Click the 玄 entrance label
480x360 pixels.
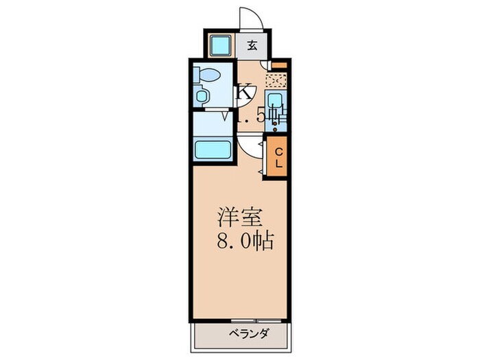tap(252, 47)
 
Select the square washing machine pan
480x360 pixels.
tap(221, 47)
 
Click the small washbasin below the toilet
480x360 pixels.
tap(201, 96)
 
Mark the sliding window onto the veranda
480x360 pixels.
tap(250, 320)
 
